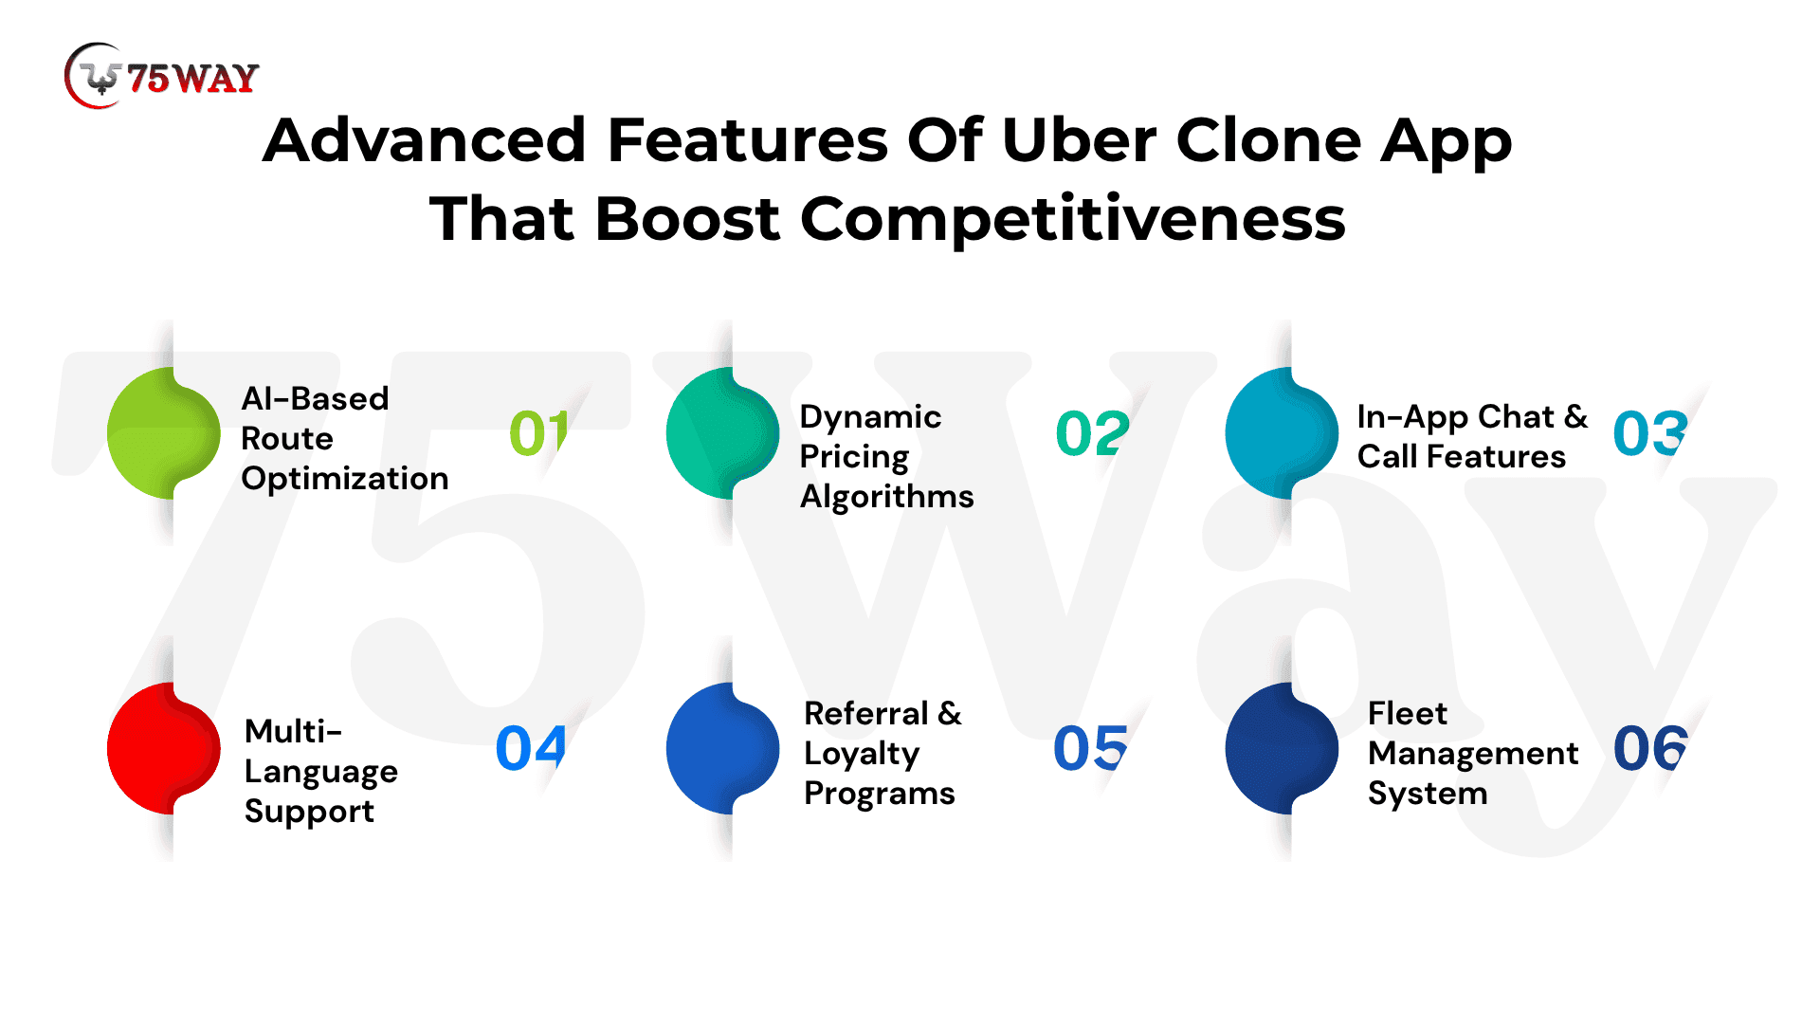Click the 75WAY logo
point(162,76)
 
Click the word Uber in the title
point(1078,140)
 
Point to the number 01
point(538,433)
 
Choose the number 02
point(1092,433)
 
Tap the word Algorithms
point(886,496)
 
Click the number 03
point(1650,433)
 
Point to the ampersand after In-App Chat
point(1575,416)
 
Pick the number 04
point(531,748)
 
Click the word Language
point(321,773)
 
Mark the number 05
point(1090,748)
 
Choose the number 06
point(1650,748)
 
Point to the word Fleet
point(1408,713)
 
